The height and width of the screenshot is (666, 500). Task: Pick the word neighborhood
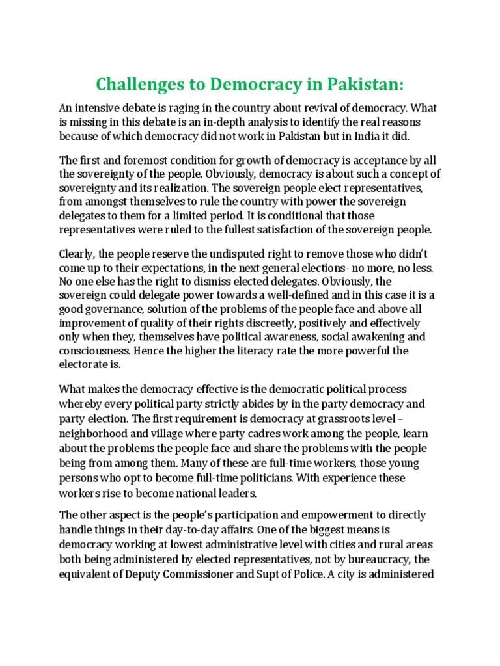pyautogui.click(x=94, y=433)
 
